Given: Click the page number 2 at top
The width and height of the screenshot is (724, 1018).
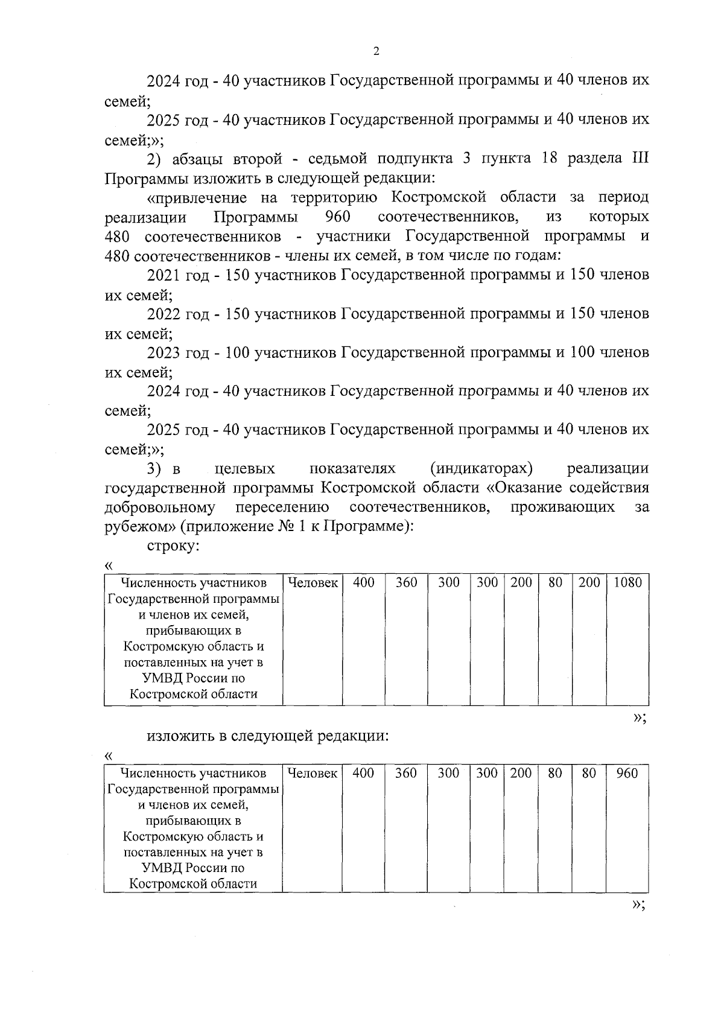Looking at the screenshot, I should click(x=376, y=51).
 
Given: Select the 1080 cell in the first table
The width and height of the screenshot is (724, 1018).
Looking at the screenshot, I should click(x=627, y=582).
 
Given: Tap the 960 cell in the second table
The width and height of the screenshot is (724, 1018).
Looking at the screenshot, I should click(x=627, y=773).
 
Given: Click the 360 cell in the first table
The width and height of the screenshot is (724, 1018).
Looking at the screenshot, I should click(x=406, y=582).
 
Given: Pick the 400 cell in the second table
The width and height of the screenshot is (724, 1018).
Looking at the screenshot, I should click(x=363, y=773).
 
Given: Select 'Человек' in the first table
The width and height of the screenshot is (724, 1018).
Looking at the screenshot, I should click(x=313, y=582).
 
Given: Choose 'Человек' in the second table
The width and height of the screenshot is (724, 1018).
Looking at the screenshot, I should click(x=313, y=773).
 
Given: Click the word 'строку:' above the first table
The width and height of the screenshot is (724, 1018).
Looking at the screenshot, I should click(x=173, y=546).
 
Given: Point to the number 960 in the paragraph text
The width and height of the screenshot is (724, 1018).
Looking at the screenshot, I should click(x=338, y=217).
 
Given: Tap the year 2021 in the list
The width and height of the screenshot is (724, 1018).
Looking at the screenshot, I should click(x=164, y=275).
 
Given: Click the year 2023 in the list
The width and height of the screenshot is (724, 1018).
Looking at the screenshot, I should click(x=164, y=352).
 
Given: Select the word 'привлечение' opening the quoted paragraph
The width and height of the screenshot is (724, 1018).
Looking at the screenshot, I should click(x=197, y=197).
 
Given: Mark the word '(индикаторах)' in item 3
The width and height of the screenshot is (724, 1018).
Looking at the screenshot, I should click(x=482, y=468).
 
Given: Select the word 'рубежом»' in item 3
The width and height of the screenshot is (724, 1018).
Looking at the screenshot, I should click(x=139, y=526).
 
